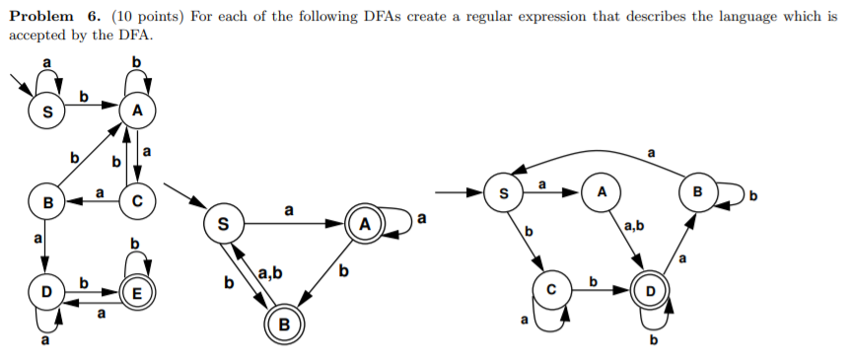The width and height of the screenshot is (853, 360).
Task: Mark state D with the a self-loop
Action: (44, 294)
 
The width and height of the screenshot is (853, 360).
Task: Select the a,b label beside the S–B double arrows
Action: (268, 271)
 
